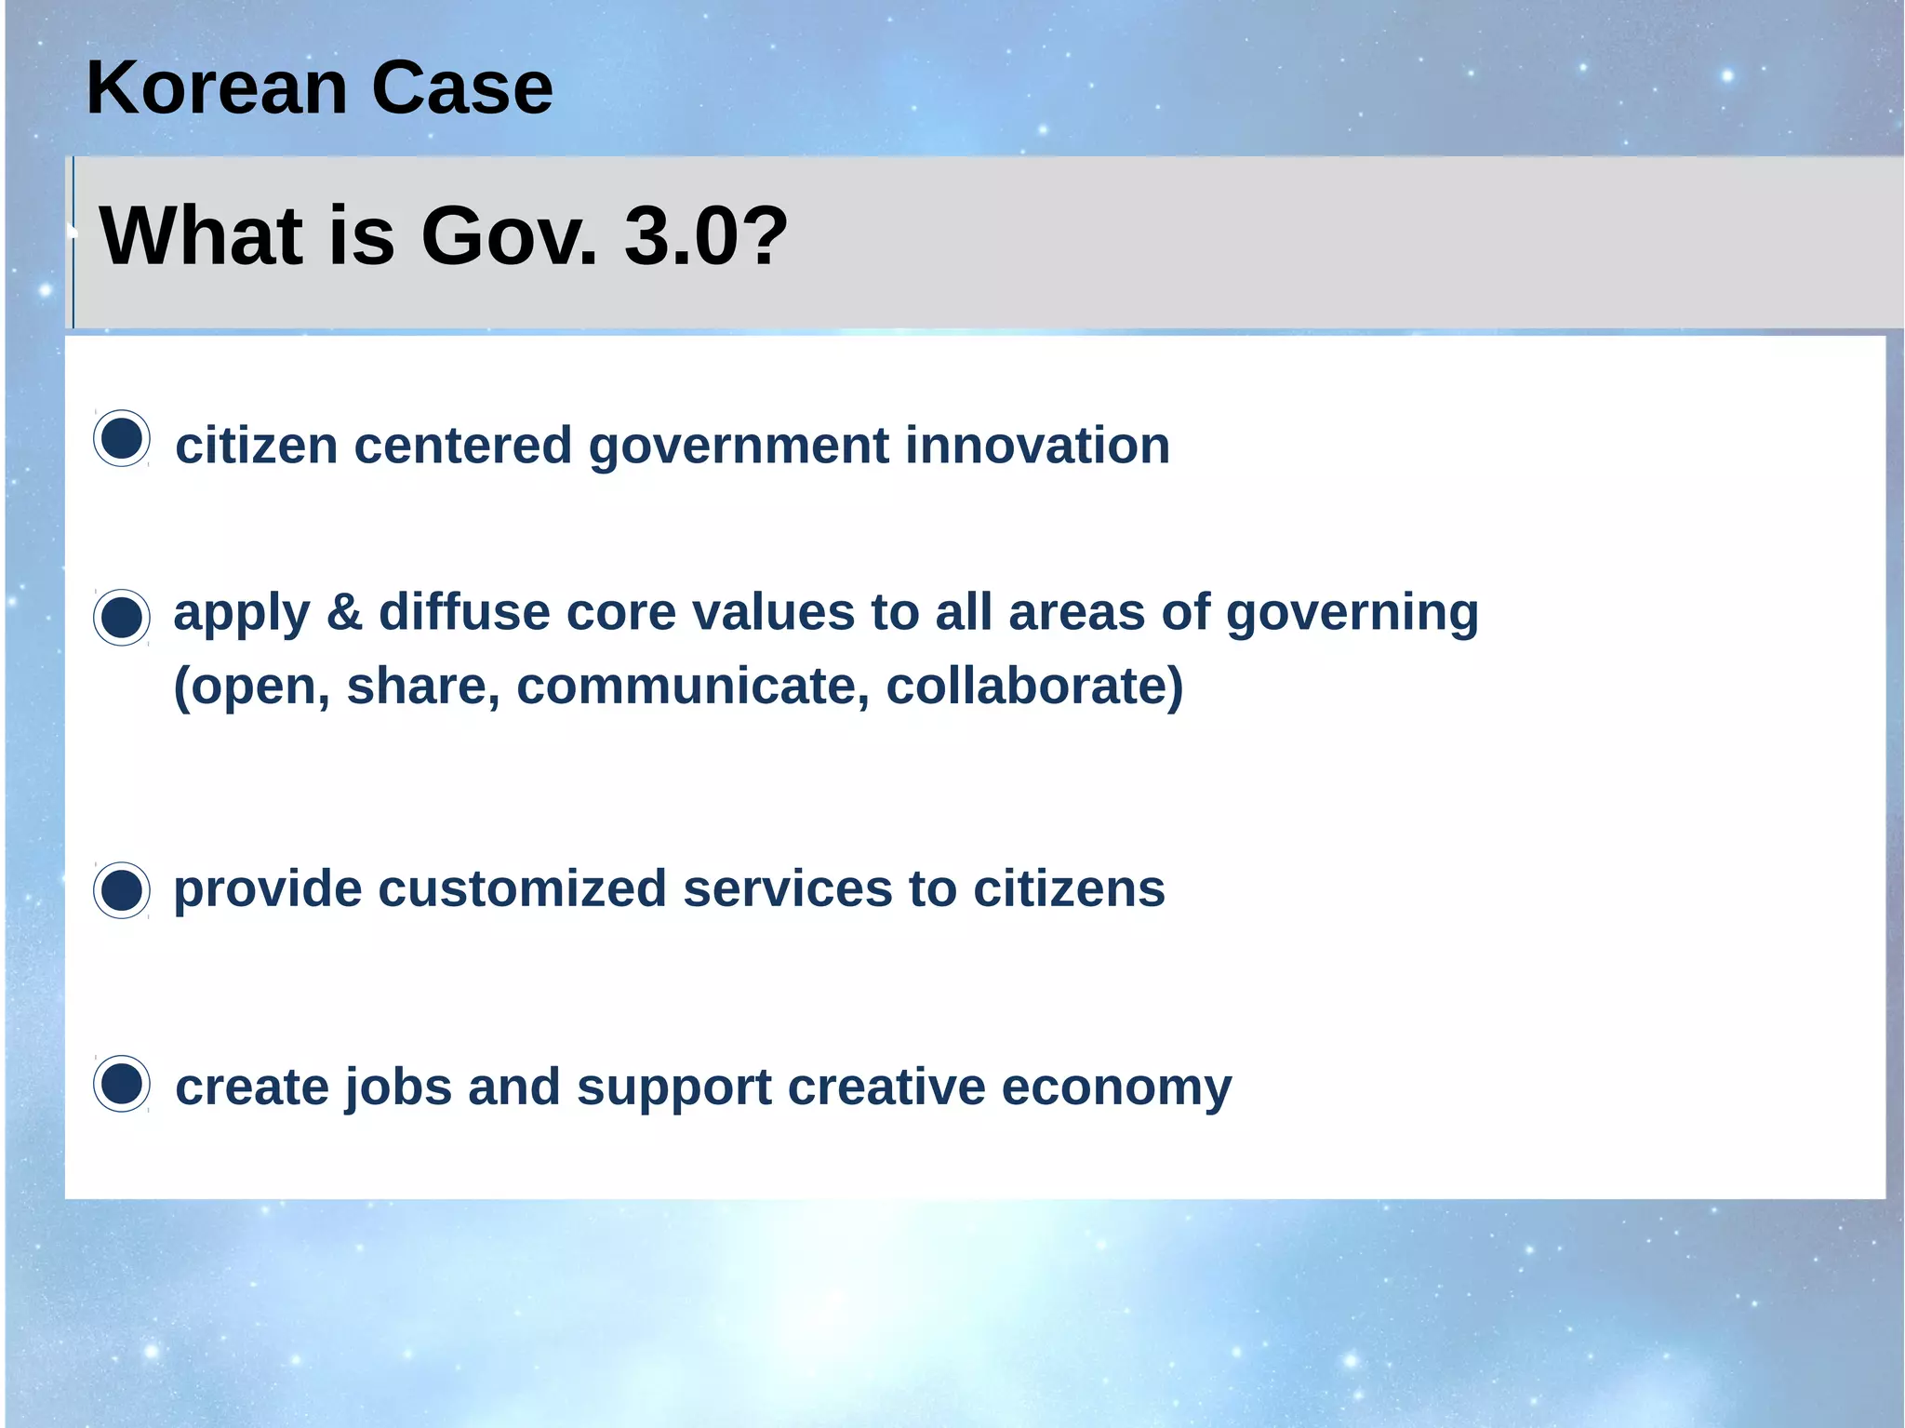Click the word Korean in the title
click(216, 87)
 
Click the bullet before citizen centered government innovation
click(122, 438)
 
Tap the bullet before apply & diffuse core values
click(122, 617)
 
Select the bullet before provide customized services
click(122, 890)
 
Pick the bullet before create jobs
click(122, 1084)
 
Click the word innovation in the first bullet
click(1037, 445)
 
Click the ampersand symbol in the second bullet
click(344, 612)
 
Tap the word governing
click(1352, 614)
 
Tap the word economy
click(1116, 1088)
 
